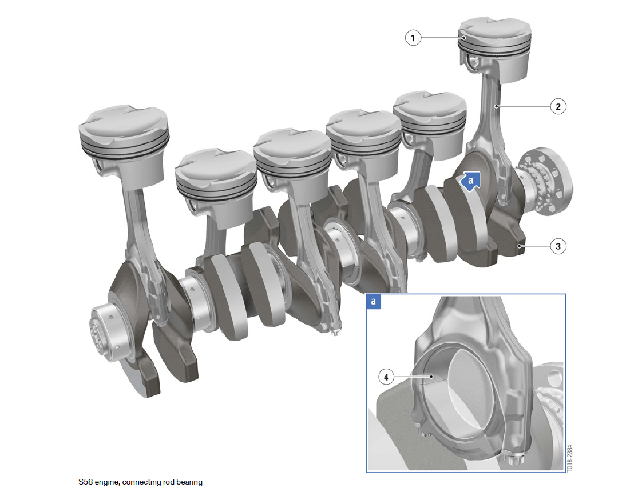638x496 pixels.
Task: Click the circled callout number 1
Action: (413, 38)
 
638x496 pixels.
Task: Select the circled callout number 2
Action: (558, 106)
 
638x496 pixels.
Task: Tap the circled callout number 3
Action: (558, 246)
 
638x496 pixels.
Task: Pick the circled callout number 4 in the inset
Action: (386, 377)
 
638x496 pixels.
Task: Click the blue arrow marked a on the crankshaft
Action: (470, 181)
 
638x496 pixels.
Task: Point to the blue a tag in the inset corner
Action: (374, 301)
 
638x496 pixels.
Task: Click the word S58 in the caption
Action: (85, 482)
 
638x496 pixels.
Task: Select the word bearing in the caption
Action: (189, 482)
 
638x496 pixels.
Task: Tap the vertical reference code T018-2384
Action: (570, 458)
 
